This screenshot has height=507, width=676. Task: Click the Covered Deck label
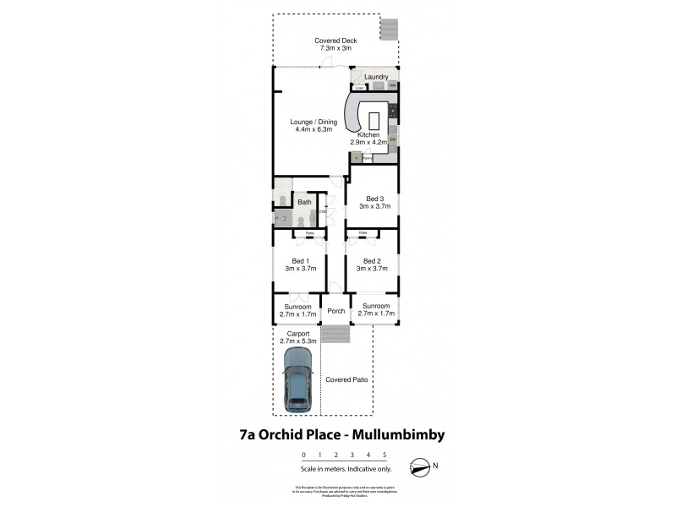click(335, 41)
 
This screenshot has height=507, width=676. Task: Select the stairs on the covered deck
click(389, 30)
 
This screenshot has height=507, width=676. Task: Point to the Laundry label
click(376, 77)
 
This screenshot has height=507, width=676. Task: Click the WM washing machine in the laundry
click(394, 86)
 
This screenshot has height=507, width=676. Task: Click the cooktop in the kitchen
click(394, 111)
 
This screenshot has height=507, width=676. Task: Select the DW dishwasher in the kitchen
click(393, 139)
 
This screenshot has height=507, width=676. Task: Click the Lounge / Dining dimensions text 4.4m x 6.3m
click(314, 129)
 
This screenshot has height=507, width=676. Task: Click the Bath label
click(303, 202)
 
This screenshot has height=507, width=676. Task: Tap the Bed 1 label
click(297, 260)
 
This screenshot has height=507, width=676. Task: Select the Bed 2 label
click(373, 260)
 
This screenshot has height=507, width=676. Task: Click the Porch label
click(336, 311)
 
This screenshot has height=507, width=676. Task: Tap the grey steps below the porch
click(336, 335)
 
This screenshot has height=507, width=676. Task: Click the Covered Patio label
click(347, 380)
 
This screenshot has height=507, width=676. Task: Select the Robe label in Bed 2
click(363, 232)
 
